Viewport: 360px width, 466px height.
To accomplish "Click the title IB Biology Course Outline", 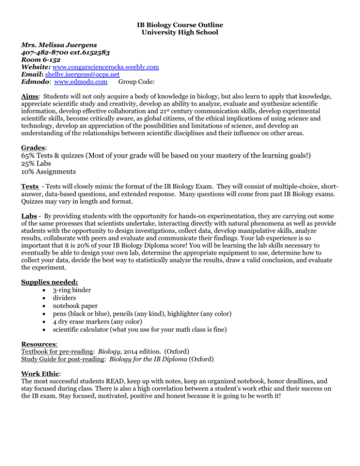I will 180,24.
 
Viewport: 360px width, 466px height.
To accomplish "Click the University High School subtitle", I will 180,32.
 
